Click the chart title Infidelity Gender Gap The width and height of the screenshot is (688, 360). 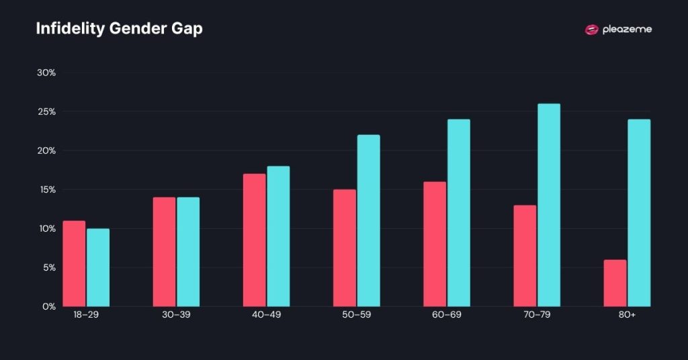point(119,30)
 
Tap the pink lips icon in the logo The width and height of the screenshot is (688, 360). point(591,30)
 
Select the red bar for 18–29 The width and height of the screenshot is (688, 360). point(74,263)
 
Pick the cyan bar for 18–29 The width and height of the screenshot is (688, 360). point(98,267)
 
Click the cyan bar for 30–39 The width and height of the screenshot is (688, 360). point(188,252)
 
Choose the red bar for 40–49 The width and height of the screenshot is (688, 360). point(254,240)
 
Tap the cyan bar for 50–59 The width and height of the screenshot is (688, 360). point(368,220)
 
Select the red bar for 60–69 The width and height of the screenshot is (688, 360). point(435,244)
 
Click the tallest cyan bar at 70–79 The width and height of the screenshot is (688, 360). point(549,205)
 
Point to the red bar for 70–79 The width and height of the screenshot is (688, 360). point(525,255)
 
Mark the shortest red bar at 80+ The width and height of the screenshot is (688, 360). point(615,283)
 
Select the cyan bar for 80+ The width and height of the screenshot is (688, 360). point(639,213)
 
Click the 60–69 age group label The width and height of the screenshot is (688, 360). point(446,315)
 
